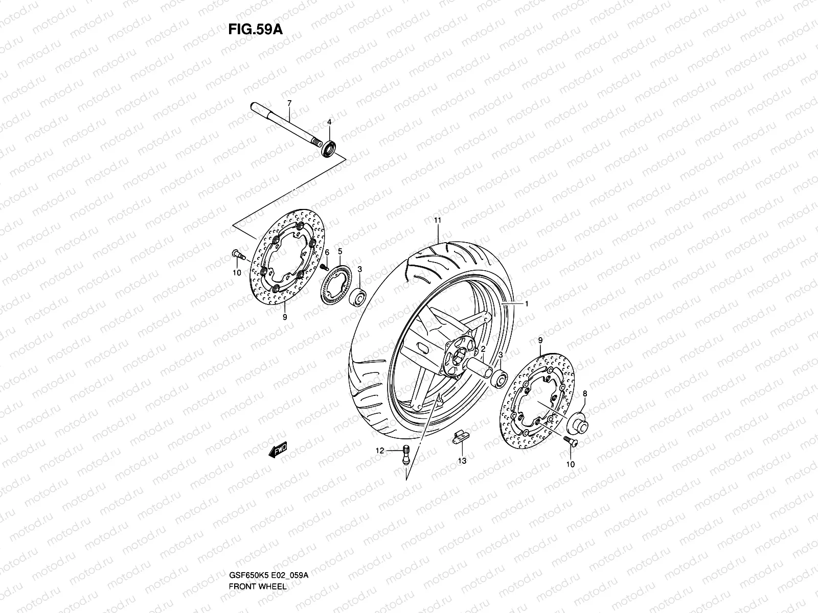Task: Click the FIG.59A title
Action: point(255,29)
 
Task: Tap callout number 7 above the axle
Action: point(289,103)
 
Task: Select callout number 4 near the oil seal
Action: point(329,122)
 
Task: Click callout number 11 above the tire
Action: point(437,220)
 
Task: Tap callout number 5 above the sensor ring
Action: point(340,251)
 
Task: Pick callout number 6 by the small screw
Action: point(327,253)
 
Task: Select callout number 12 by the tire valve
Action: point(379,451)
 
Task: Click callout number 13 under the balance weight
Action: point(462,461)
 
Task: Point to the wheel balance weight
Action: point(457,437)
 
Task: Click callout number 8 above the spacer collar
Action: point(585,394)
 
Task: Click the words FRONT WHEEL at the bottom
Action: point(257,558)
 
